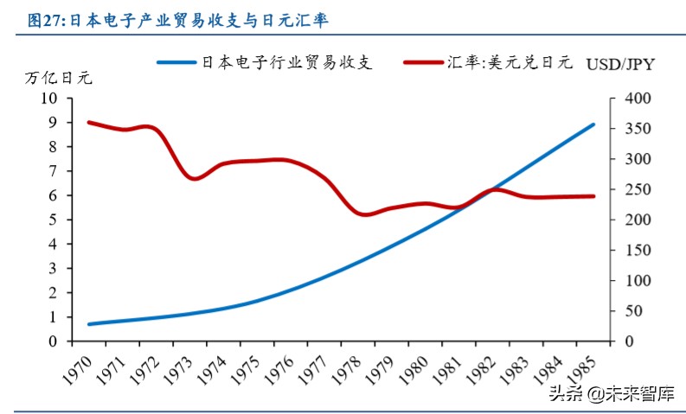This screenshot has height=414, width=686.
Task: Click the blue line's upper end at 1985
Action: [594, 124]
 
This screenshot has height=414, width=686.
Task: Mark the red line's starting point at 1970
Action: [89, 123]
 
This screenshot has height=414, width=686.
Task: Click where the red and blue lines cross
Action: [487, 193]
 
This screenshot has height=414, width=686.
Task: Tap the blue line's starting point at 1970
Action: [89, 324]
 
